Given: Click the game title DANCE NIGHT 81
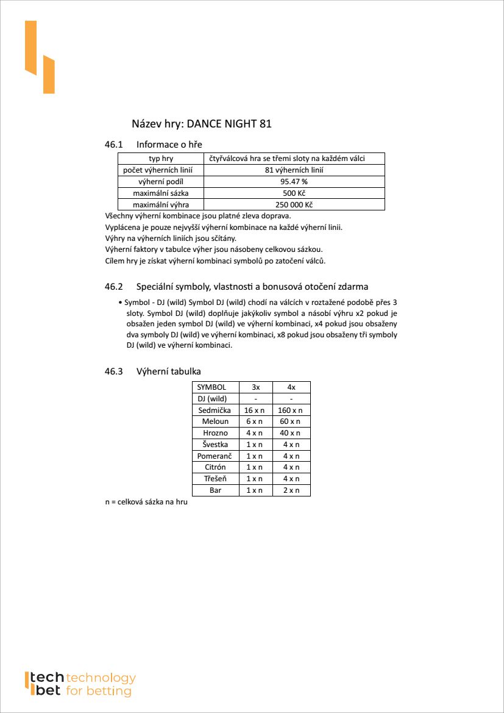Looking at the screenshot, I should (x=229, y=124).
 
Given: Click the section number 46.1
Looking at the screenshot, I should (x=114, y=145).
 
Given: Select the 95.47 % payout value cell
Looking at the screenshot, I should (x=294, y=182).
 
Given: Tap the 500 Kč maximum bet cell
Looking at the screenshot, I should (x=294, y=193).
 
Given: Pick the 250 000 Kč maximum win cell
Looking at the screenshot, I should (x=294, y=205).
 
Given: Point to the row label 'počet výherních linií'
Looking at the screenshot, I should (x=161, y=170).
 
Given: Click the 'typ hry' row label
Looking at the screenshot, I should (x=161, y=159).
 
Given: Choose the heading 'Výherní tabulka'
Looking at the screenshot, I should (x=169, y=371).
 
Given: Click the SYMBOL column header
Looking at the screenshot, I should (x=211, y=387).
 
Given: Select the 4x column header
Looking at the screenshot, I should (x=291, y=387).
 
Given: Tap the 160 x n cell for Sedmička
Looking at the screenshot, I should (x=291, y=410).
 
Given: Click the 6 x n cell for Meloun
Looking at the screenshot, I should (x=255, y=421).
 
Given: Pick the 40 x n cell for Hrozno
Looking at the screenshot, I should (x=291, y=433).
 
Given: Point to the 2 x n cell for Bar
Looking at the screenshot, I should (x=291, y=490).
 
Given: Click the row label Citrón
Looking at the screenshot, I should (x=215, y=467).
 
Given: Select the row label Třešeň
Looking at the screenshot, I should (x=215, y=479).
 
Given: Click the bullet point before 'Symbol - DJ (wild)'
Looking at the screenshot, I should (x=120, y=303).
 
